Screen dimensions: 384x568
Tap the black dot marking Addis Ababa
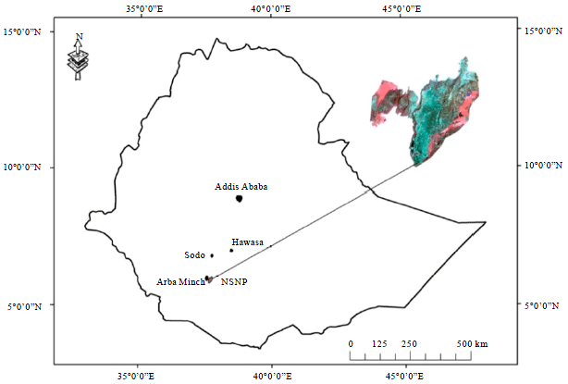coord(240,198)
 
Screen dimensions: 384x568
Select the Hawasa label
coord(248,242)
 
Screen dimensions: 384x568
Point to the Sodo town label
coord(194,254)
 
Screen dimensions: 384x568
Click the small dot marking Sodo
coord(212,255)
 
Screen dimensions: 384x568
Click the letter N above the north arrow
coord(80,37)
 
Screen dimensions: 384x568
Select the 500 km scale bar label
coord(473,343)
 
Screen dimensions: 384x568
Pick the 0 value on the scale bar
coord(351,343)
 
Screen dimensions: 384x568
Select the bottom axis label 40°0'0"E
coord(269,376)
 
